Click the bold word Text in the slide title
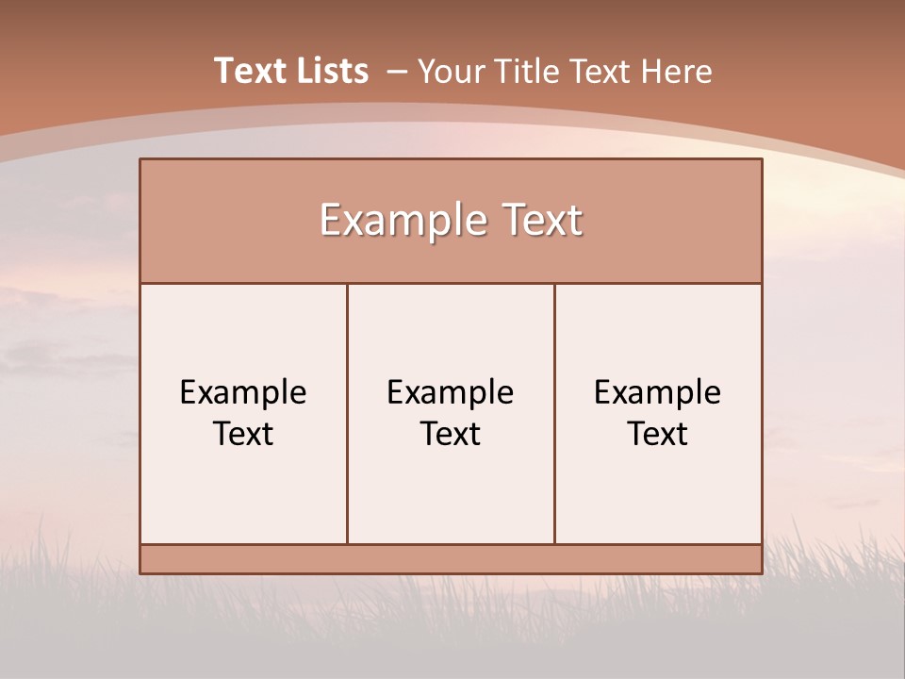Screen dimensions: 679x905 247,71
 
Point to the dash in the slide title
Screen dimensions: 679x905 398,72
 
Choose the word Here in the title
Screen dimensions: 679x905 676,72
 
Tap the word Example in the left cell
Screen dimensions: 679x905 243,392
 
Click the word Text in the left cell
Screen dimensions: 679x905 243,434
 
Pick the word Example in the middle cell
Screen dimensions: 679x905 451,392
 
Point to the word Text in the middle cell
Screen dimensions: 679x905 451,434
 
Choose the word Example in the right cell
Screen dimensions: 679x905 658,392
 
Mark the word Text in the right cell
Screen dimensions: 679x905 658,434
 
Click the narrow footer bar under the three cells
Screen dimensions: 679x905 451,559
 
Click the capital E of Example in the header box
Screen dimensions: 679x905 330,221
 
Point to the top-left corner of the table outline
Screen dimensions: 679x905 140,159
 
